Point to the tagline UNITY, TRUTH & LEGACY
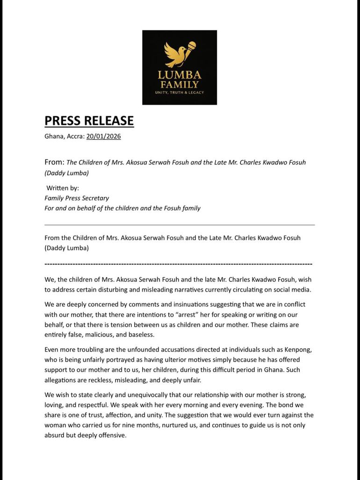[x=180, y=92]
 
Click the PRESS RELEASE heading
[x=89, y=121]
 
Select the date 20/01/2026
[x=103, y=136]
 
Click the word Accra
[x=74, y=136]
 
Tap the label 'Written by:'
[x=63, y=188]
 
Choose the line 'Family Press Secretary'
[x=77, y=198]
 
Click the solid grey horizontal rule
[x=180, y=225]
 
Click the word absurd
[x=56, y=435]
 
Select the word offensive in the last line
[x=111, y=435]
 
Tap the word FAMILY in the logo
[x=180, y=85]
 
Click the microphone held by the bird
[x=190, y=47]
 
